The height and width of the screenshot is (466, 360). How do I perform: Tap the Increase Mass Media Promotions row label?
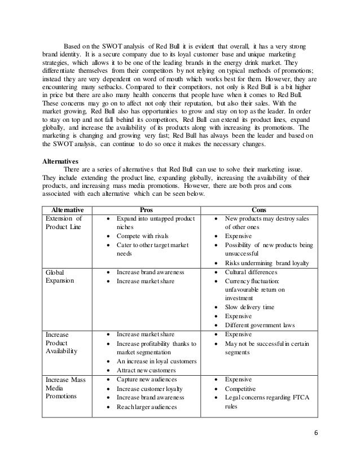point(65,389)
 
